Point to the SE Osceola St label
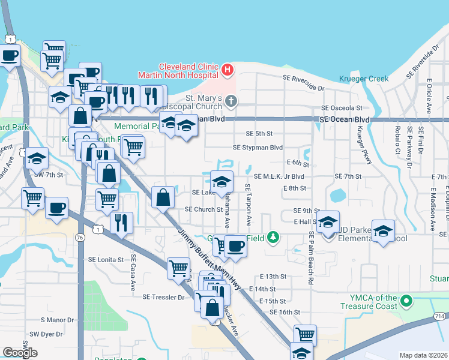point(342,108)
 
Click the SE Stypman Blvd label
point(258,148)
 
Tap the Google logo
point(20,352)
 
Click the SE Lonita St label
point(106,260)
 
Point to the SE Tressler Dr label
point(163,297)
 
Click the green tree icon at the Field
point(273,238)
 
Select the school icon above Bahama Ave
point(221,181)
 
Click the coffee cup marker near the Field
point(236,245)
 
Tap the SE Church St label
point(203,209)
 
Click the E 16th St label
point(285,312)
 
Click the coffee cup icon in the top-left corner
point(9,56)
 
